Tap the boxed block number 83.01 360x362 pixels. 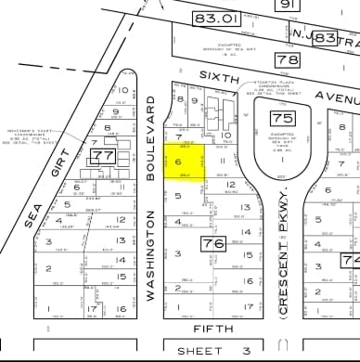pyautogui.click(x=215, y=19)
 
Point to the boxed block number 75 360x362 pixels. pyautogui.click(x=281, y=117)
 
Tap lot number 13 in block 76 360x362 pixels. pyautogui.click(x=246, y=208)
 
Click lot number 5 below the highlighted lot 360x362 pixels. pyautogui.click(x=177, y=196)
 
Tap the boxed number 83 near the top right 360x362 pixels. pyautogui.click(x=324, y=38)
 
